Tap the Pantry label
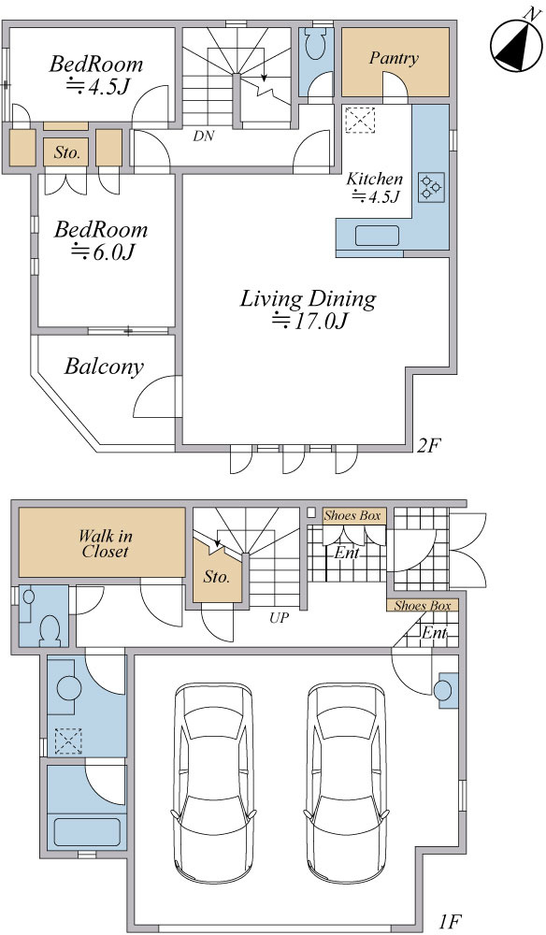coord(394,58)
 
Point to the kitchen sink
coord(378,236)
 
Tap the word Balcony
coord(105,367)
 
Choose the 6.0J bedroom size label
coord(101,252)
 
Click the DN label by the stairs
coord(203,136)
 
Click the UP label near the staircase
coord(279,618)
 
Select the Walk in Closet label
coord(106,543)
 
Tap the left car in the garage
coord(213,783)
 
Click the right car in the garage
coord(347,783)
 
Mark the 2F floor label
coord(428,446)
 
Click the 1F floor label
coord(450,923)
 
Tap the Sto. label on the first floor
coord(216,577)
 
